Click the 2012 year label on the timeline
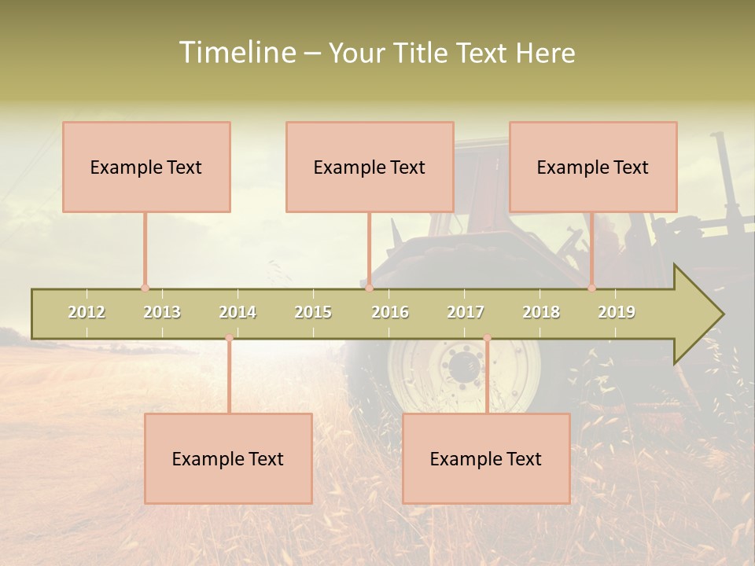click(x=87, y=312)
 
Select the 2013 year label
click(x=162, y=312)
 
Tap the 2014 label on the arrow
click(x=238, y=312)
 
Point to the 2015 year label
click(x=313, y=312)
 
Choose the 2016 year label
click(x=390, y=312)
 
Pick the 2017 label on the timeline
click(x=466, y=312)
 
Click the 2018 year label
click(x=541, y=312)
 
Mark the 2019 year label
click(x=617, y=312)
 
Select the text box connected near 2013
click(x=146, y=167)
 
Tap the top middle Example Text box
click(x=370, y=167)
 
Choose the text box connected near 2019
click(x=593, y=167)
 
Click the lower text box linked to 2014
click(x=228, y=458)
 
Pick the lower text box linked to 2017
click(x=486, y=458)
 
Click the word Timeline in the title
click(x=237, y=53)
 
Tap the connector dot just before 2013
click(x=145, y=289)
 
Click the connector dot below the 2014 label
click(x=229, y=338)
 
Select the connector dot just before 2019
click(x=592, y=289)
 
